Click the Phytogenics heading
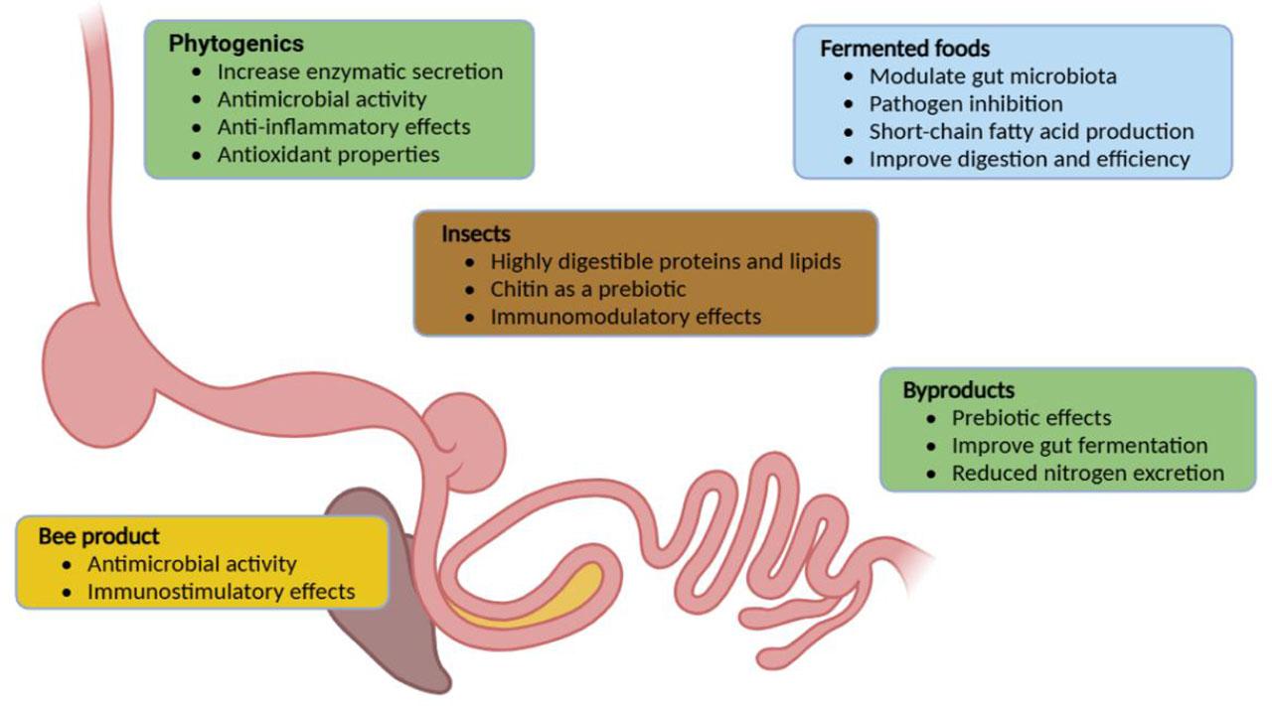(x=236, y=44)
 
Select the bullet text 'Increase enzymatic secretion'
(x=360, y=71)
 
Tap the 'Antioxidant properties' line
(x=328, y=155)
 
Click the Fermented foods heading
(x=904, y=49)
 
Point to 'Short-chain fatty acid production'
(x=1032, y=132)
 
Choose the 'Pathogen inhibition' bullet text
(x=966, y=104)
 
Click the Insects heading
(x=476, y=234)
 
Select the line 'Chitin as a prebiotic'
(x=588, y=290)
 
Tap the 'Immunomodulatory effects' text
(x=626, y=318)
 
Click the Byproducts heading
(x=958, y=390)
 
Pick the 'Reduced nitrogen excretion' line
(x=1087, y=474)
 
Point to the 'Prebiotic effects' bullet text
(x=1032, y=418)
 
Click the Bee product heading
(x=98, y=536)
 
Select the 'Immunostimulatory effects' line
(x=221, y=592)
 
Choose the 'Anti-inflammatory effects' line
(x=344, y=127)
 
